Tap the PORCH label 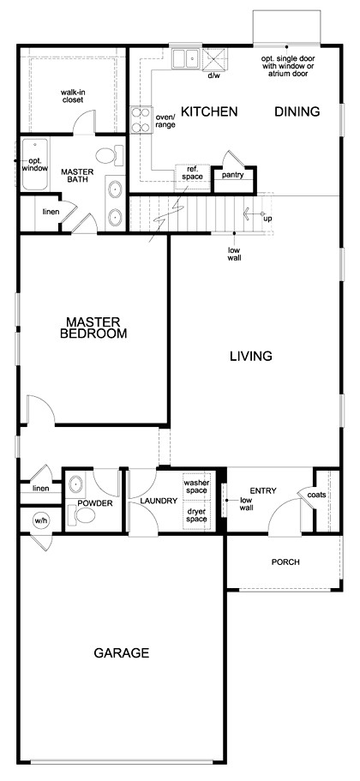click(285, 562)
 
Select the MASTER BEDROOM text click(95, 328)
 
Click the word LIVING click(250, 356)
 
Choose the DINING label click(297, 111)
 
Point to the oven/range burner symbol click(140, 119)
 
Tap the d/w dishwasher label click(213, 75)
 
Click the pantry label click(232, 175)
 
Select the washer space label click(195, 486)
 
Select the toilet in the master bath click(106, 155)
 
